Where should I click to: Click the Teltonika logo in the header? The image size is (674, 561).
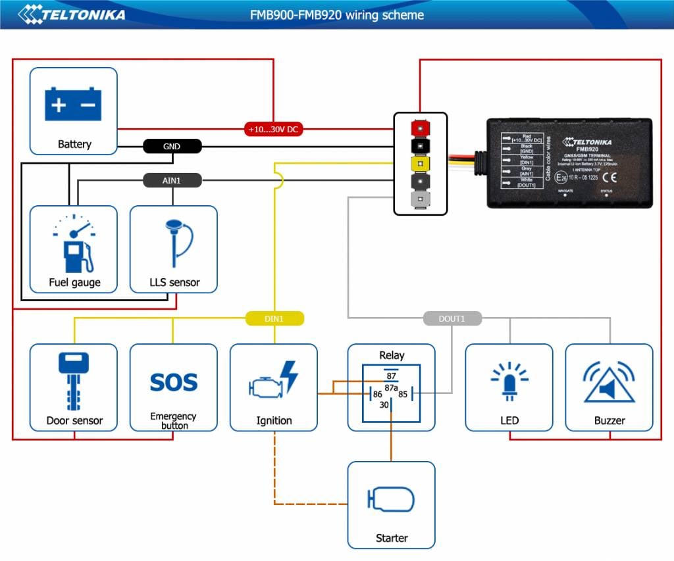(x=72, y=14)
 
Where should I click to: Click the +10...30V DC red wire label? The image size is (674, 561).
(x=274, y=130)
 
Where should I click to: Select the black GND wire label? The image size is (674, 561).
(x=172, y=147)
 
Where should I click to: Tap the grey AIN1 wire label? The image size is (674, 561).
(x=172, y=180)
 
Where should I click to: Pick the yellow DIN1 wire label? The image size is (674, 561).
(x=274, y=319)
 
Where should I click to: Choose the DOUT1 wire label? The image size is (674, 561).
(x=452, y=319)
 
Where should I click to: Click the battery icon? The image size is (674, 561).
(x=73, y=105)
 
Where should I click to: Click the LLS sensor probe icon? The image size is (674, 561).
(x=174, y=243)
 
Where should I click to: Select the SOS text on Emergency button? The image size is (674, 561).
(x=174, y=382)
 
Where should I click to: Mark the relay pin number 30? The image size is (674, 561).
(x=384, y=405)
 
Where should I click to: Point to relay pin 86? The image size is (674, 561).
(x=378, y=395)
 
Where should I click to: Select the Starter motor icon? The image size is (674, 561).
(x=391, y=500)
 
